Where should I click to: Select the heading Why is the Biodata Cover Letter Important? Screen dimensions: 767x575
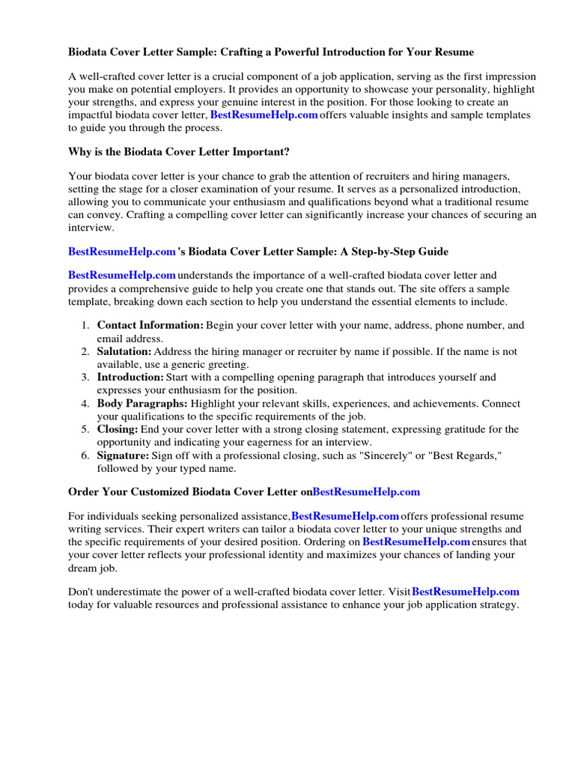coord(179,152)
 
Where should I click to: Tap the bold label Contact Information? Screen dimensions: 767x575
coord(150,325)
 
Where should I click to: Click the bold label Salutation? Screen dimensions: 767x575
coord(124,351)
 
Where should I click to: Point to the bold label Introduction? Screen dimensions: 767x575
coord(130,378)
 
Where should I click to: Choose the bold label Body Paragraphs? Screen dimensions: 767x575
coord(143,404)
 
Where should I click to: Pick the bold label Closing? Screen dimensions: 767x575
coord(118,430)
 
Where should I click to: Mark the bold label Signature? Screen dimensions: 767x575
coord(124,456)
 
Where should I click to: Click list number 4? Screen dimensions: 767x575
coord(85,404)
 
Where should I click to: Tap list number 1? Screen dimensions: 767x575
coord(85,325)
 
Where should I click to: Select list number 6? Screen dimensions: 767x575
coord(85,456)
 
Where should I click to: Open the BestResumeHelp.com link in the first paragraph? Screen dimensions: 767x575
coord(264,115)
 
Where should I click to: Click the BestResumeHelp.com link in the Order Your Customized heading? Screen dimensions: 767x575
coord(366,492)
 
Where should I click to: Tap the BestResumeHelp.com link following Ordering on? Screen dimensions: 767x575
coord(416,542)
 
